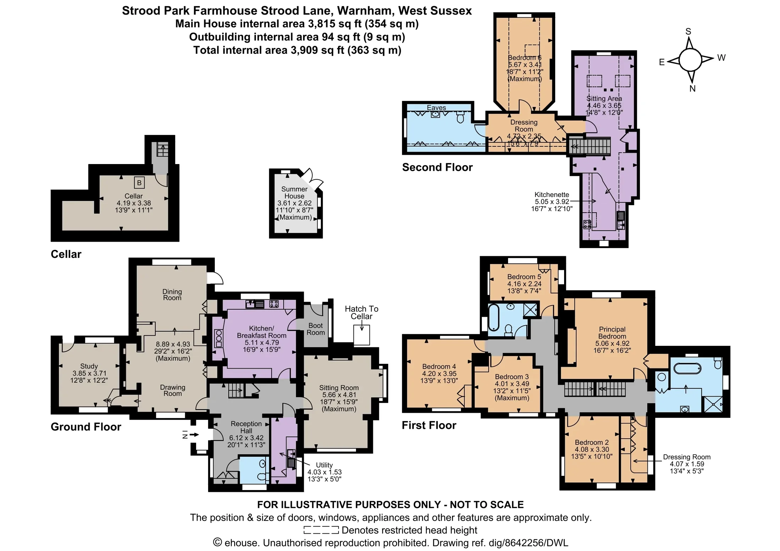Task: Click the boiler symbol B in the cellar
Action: click(x=139, y=182)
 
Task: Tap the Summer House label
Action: click(x=294, y=192)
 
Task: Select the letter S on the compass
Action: click(x=688, y=32)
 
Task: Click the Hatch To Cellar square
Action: click(x=362, y=335)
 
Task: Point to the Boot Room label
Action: click(x=316, y=329)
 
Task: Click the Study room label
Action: click(x=89, y=366)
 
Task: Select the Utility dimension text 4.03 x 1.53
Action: click(x=324, y=472)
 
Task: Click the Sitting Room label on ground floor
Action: click(x=339, y=388)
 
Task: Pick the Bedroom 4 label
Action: click(x=439, y=366)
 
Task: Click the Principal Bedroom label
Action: click(x=612, y=333)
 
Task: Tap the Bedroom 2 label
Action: click(x=592, y=442)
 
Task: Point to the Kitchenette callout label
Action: click(x=552, y=195)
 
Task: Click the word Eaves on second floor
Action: click(x=436, y=108)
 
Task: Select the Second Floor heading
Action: click(x=437, y=167)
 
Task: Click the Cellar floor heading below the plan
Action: click(x=66, y=254)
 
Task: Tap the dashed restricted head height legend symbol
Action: click(x=321, y=530)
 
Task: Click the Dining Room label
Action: click(x=172, y=294)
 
